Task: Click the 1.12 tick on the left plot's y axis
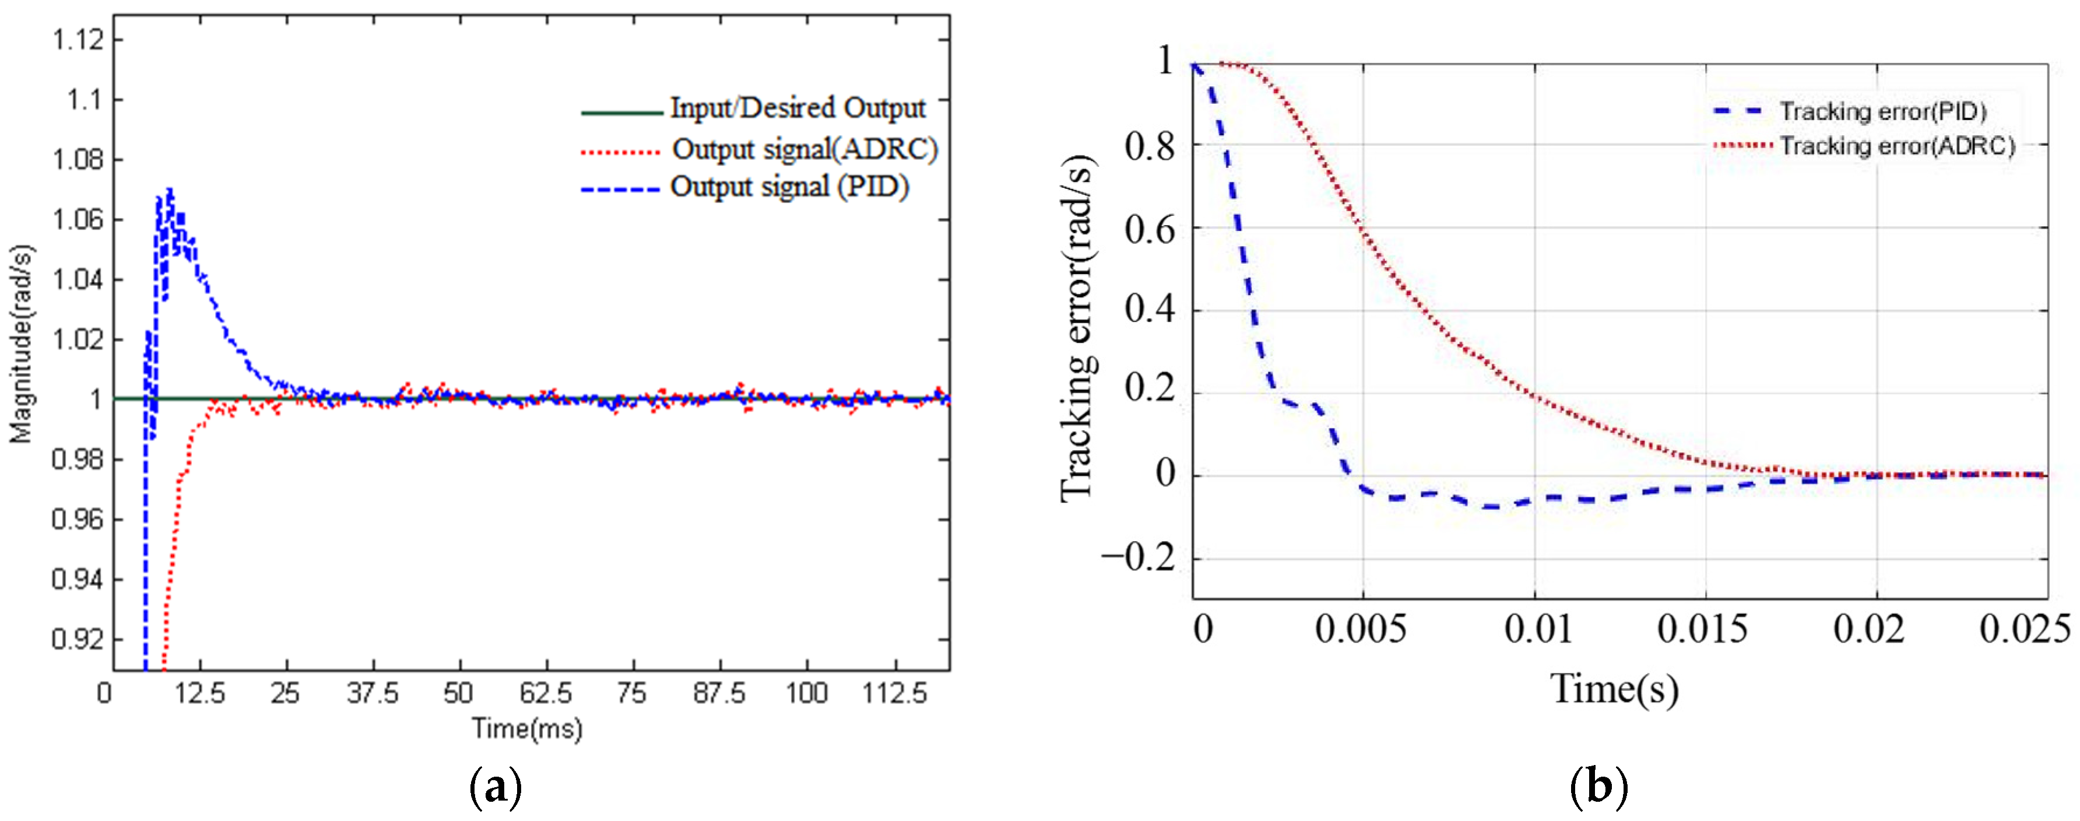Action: pos(78,40)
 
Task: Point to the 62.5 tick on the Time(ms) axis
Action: pos(546,693)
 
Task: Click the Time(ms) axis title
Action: pos(527,729)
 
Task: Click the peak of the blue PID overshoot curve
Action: pos(170,191)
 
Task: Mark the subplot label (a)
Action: pos(495,786)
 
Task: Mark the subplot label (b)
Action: pos(1598,786)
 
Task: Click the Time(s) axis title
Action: pos(1614,689)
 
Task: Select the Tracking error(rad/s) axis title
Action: pos(1077,329)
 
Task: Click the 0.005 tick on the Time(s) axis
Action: pos(1361,629)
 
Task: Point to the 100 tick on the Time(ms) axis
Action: pos(807,693)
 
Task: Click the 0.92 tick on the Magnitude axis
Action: pos(78,639)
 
